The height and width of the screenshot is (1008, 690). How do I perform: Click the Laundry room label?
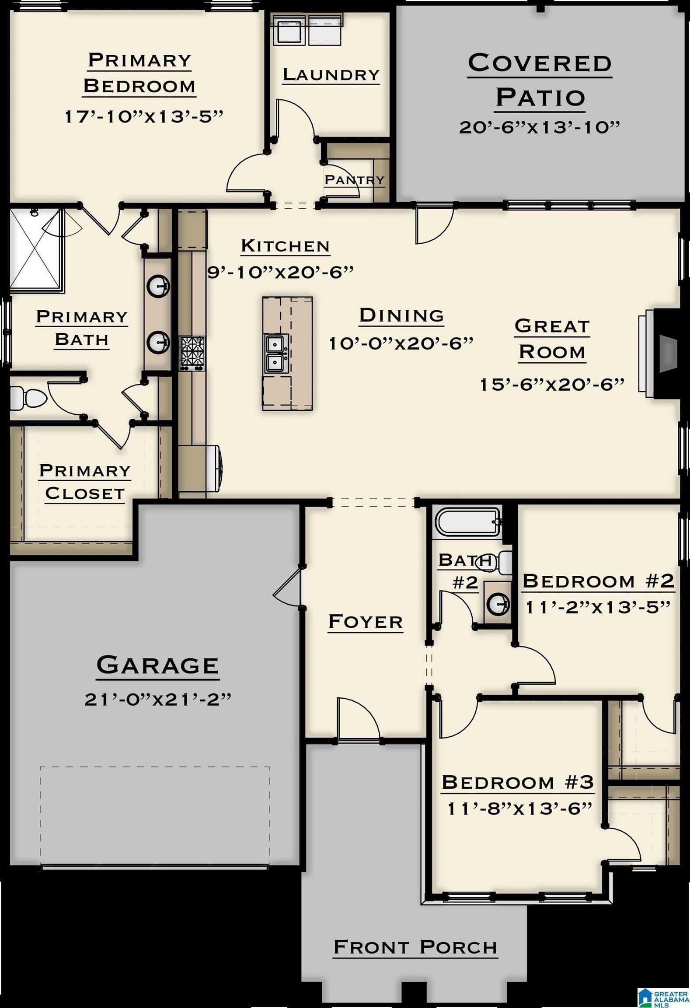[x=331, y=74]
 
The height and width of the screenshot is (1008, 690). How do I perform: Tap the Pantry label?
[x=354, y=179]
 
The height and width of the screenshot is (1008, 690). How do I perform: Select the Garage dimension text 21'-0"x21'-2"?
[x=157, y=699]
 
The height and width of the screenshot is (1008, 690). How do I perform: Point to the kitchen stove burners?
[x=192, y=353]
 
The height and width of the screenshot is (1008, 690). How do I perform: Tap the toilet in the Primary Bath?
[x=28, y=398]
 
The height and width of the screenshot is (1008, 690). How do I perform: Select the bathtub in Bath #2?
[x=468, y=521]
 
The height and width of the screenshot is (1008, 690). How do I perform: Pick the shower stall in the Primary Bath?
[x=36, y=250]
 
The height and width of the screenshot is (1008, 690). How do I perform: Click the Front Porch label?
[x=415, y=948]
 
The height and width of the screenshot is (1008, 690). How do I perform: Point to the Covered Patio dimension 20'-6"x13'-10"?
[x=540, y=127]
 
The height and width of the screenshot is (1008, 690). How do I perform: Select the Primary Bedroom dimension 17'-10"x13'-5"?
[x=144, y=117]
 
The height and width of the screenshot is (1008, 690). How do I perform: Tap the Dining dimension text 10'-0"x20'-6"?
[x=401, y=343]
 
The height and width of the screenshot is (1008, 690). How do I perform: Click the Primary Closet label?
[x=85, y=482]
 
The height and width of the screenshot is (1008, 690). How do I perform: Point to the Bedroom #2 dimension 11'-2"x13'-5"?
[x=598, y=607]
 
